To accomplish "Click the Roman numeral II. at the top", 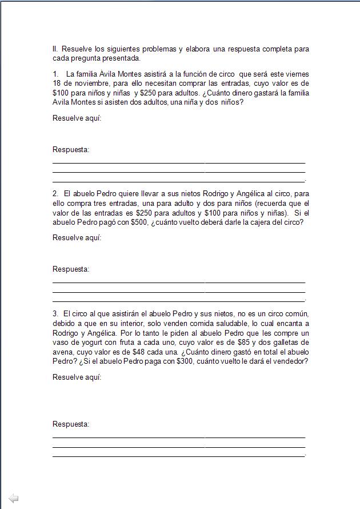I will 55,49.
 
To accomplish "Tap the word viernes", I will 297,74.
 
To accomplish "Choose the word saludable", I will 227,323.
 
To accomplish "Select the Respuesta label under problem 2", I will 71,269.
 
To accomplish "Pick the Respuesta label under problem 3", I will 71,424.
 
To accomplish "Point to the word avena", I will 62,352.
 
